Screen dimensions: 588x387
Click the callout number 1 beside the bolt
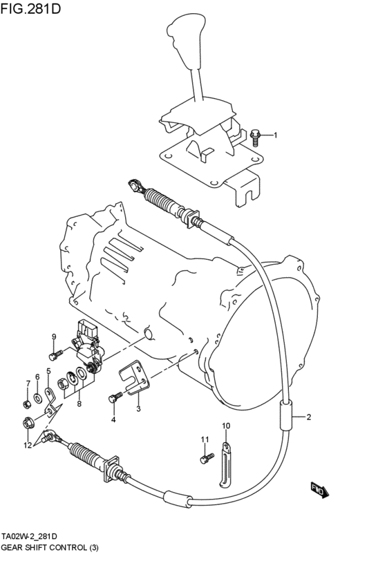coord(274,135)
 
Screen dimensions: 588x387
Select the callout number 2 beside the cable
coord(309,417)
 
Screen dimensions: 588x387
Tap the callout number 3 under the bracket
coord(138,409)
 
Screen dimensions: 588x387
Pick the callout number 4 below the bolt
coord(113,419)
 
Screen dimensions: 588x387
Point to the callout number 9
coord(53,336)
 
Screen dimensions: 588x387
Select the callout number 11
coord(204,439)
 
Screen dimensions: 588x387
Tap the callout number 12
coord(28,445)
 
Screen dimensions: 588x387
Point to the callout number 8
coord(79,404)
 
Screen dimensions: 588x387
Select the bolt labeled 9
coord(54,356)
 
